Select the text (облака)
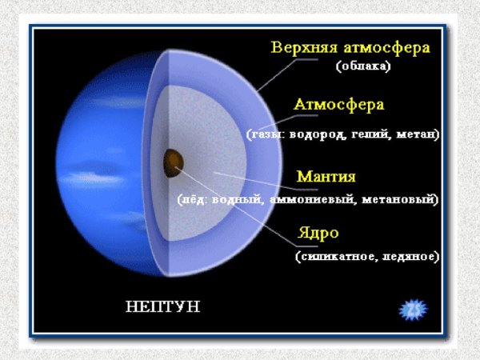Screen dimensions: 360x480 pos(362,67)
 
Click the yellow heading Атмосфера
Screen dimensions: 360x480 pos(339,106)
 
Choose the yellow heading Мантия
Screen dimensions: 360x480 pos(326,176)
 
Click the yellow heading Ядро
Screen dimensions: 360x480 pos(318,234)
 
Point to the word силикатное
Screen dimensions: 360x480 pos(332,258)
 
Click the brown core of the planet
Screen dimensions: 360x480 pos(173,163)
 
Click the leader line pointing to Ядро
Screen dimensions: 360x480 pos(240,205)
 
